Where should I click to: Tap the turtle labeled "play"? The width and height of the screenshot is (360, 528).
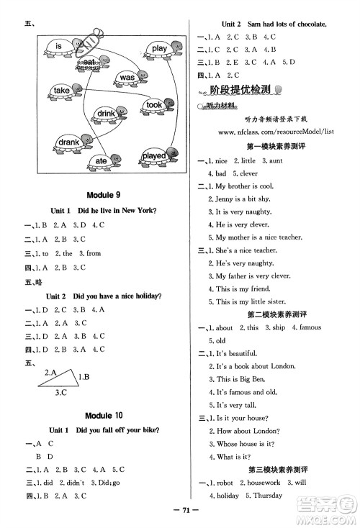click(x=158, y=49)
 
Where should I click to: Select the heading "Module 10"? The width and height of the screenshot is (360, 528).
click(x=104, y=415)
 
